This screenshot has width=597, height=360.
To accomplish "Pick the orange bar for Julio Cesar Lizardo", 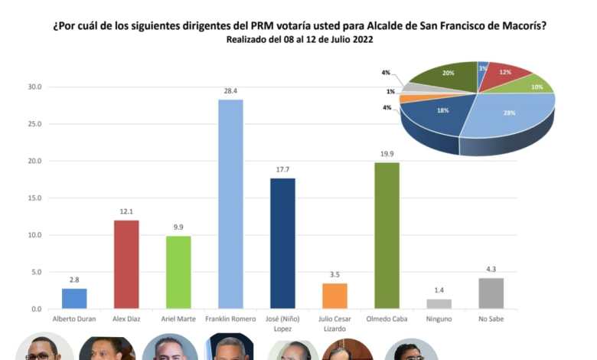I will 334,296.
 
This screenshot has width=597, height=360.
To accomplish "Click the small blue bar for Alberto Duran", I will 74,298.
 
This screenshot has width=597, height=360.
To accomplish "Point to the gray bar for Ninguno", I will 439,303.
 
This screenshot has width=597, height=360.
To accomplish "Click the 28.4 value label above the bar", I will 230,91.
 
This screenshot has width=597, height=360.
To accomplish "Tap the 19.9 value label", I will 387,154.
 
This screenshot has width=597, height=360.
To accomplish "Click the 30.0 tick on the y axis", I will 35,87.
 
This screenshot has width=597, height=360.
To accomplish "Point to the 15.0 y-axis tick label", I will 35,198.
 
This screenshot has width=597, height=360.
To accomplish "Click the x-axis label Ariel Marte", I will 178,319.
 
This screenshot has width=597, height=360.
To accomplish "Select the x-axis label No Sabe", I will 491,319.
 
